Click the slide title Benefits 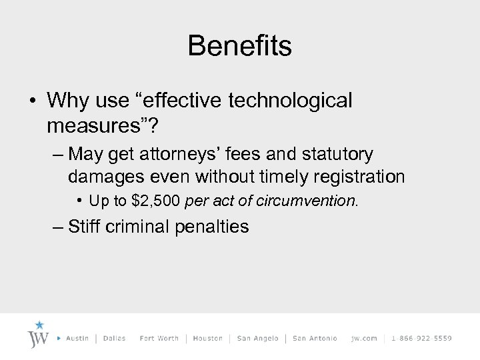239,46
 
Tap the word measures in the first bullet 86,125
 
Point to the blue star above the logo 39,325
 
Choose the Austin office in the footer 78,338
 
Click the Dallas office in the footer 114,338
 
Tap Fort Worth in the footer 159,338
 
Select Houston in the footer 207,338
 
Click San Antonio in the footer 315,338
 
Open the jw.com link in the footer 364,338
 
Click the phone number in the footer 422,338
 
